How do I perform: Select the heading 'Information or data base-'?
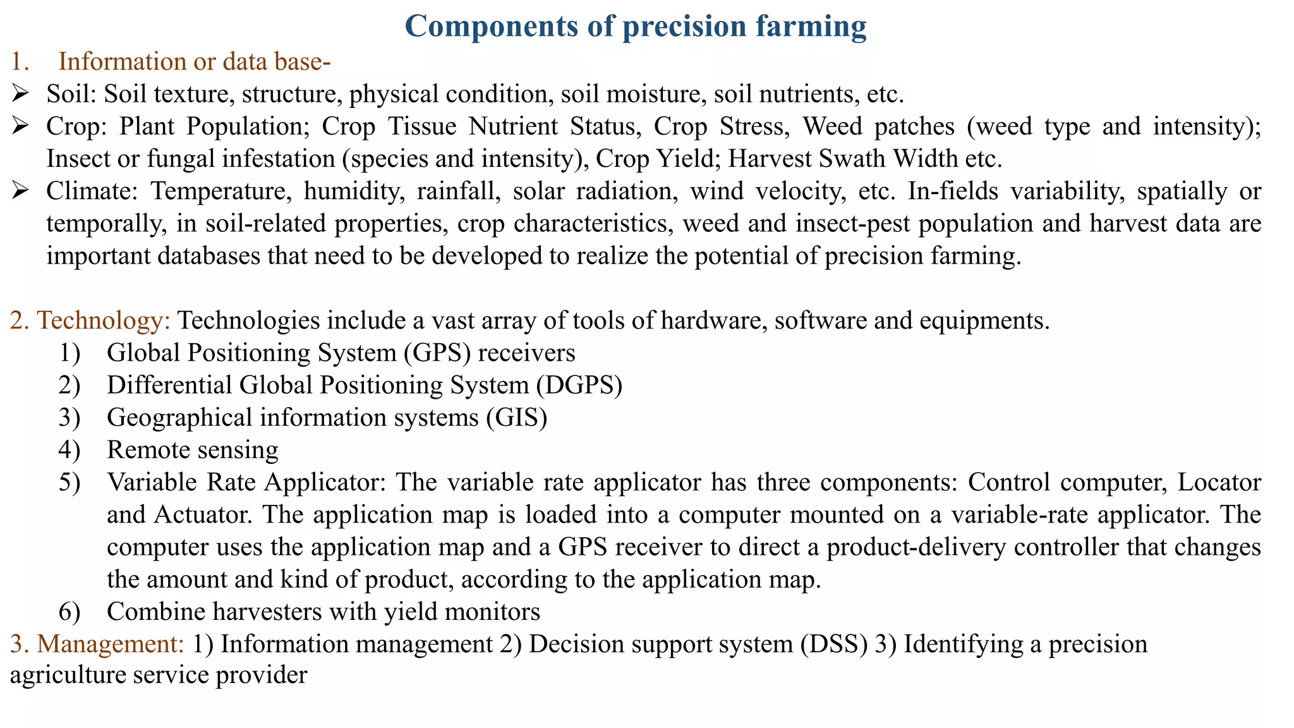195,62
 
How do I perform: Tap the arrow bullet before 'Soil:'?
20,94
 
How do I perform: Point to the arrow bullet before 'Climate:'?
20,191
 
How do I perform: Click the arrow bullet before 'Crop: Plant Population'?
20,126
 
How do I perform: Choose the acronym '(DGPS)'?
579,385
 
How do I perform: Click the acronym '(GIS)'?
516,418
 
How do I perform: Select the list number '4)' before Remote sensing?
70,450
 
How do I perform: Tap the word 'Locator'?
1219,482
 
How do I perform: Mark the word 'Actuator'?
200,514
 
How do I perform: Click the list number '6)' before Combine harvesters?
70,612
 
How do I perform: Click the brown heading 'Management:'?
111,644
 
